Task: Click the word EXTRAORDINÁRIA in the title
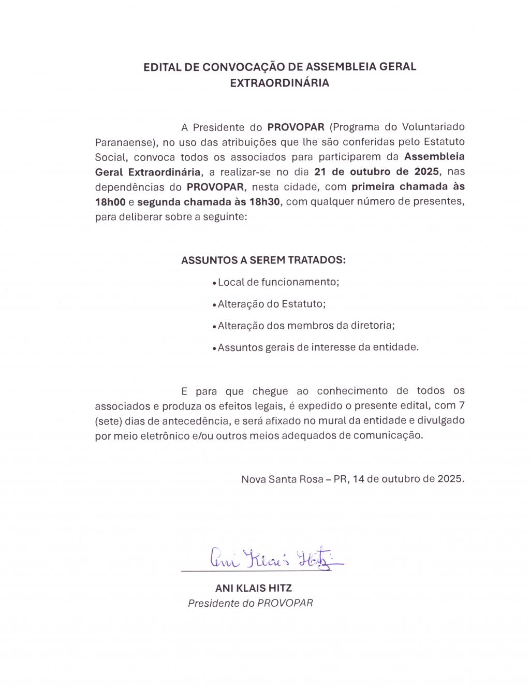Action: point(279,83)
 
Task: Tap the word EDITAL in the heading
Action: point(163,67)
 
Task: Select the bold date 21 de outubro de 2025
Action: point(376,171)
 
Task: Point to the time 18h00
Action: point(110,201)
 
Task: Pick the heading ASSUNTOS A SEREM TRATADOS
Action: point(263,260)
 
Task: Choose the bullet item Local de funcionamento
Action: point(278,282)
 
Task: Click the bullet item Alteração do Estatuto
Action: point(271,304)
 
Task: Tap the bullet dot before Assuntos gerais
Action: point(214,348)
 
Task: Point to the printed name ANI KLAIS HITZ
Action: point(254,588)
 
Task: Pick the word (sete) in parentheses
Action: point(108,421)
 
